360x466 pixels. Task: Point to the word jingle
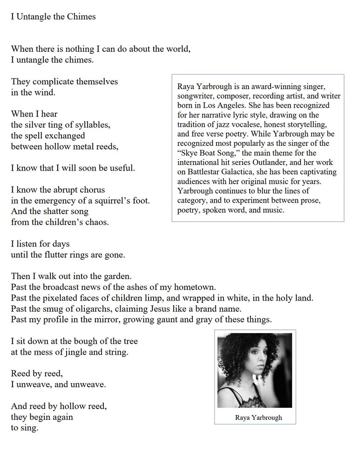point(63,352)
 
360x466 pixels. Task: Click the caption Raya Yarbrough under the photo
point(258,418)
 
